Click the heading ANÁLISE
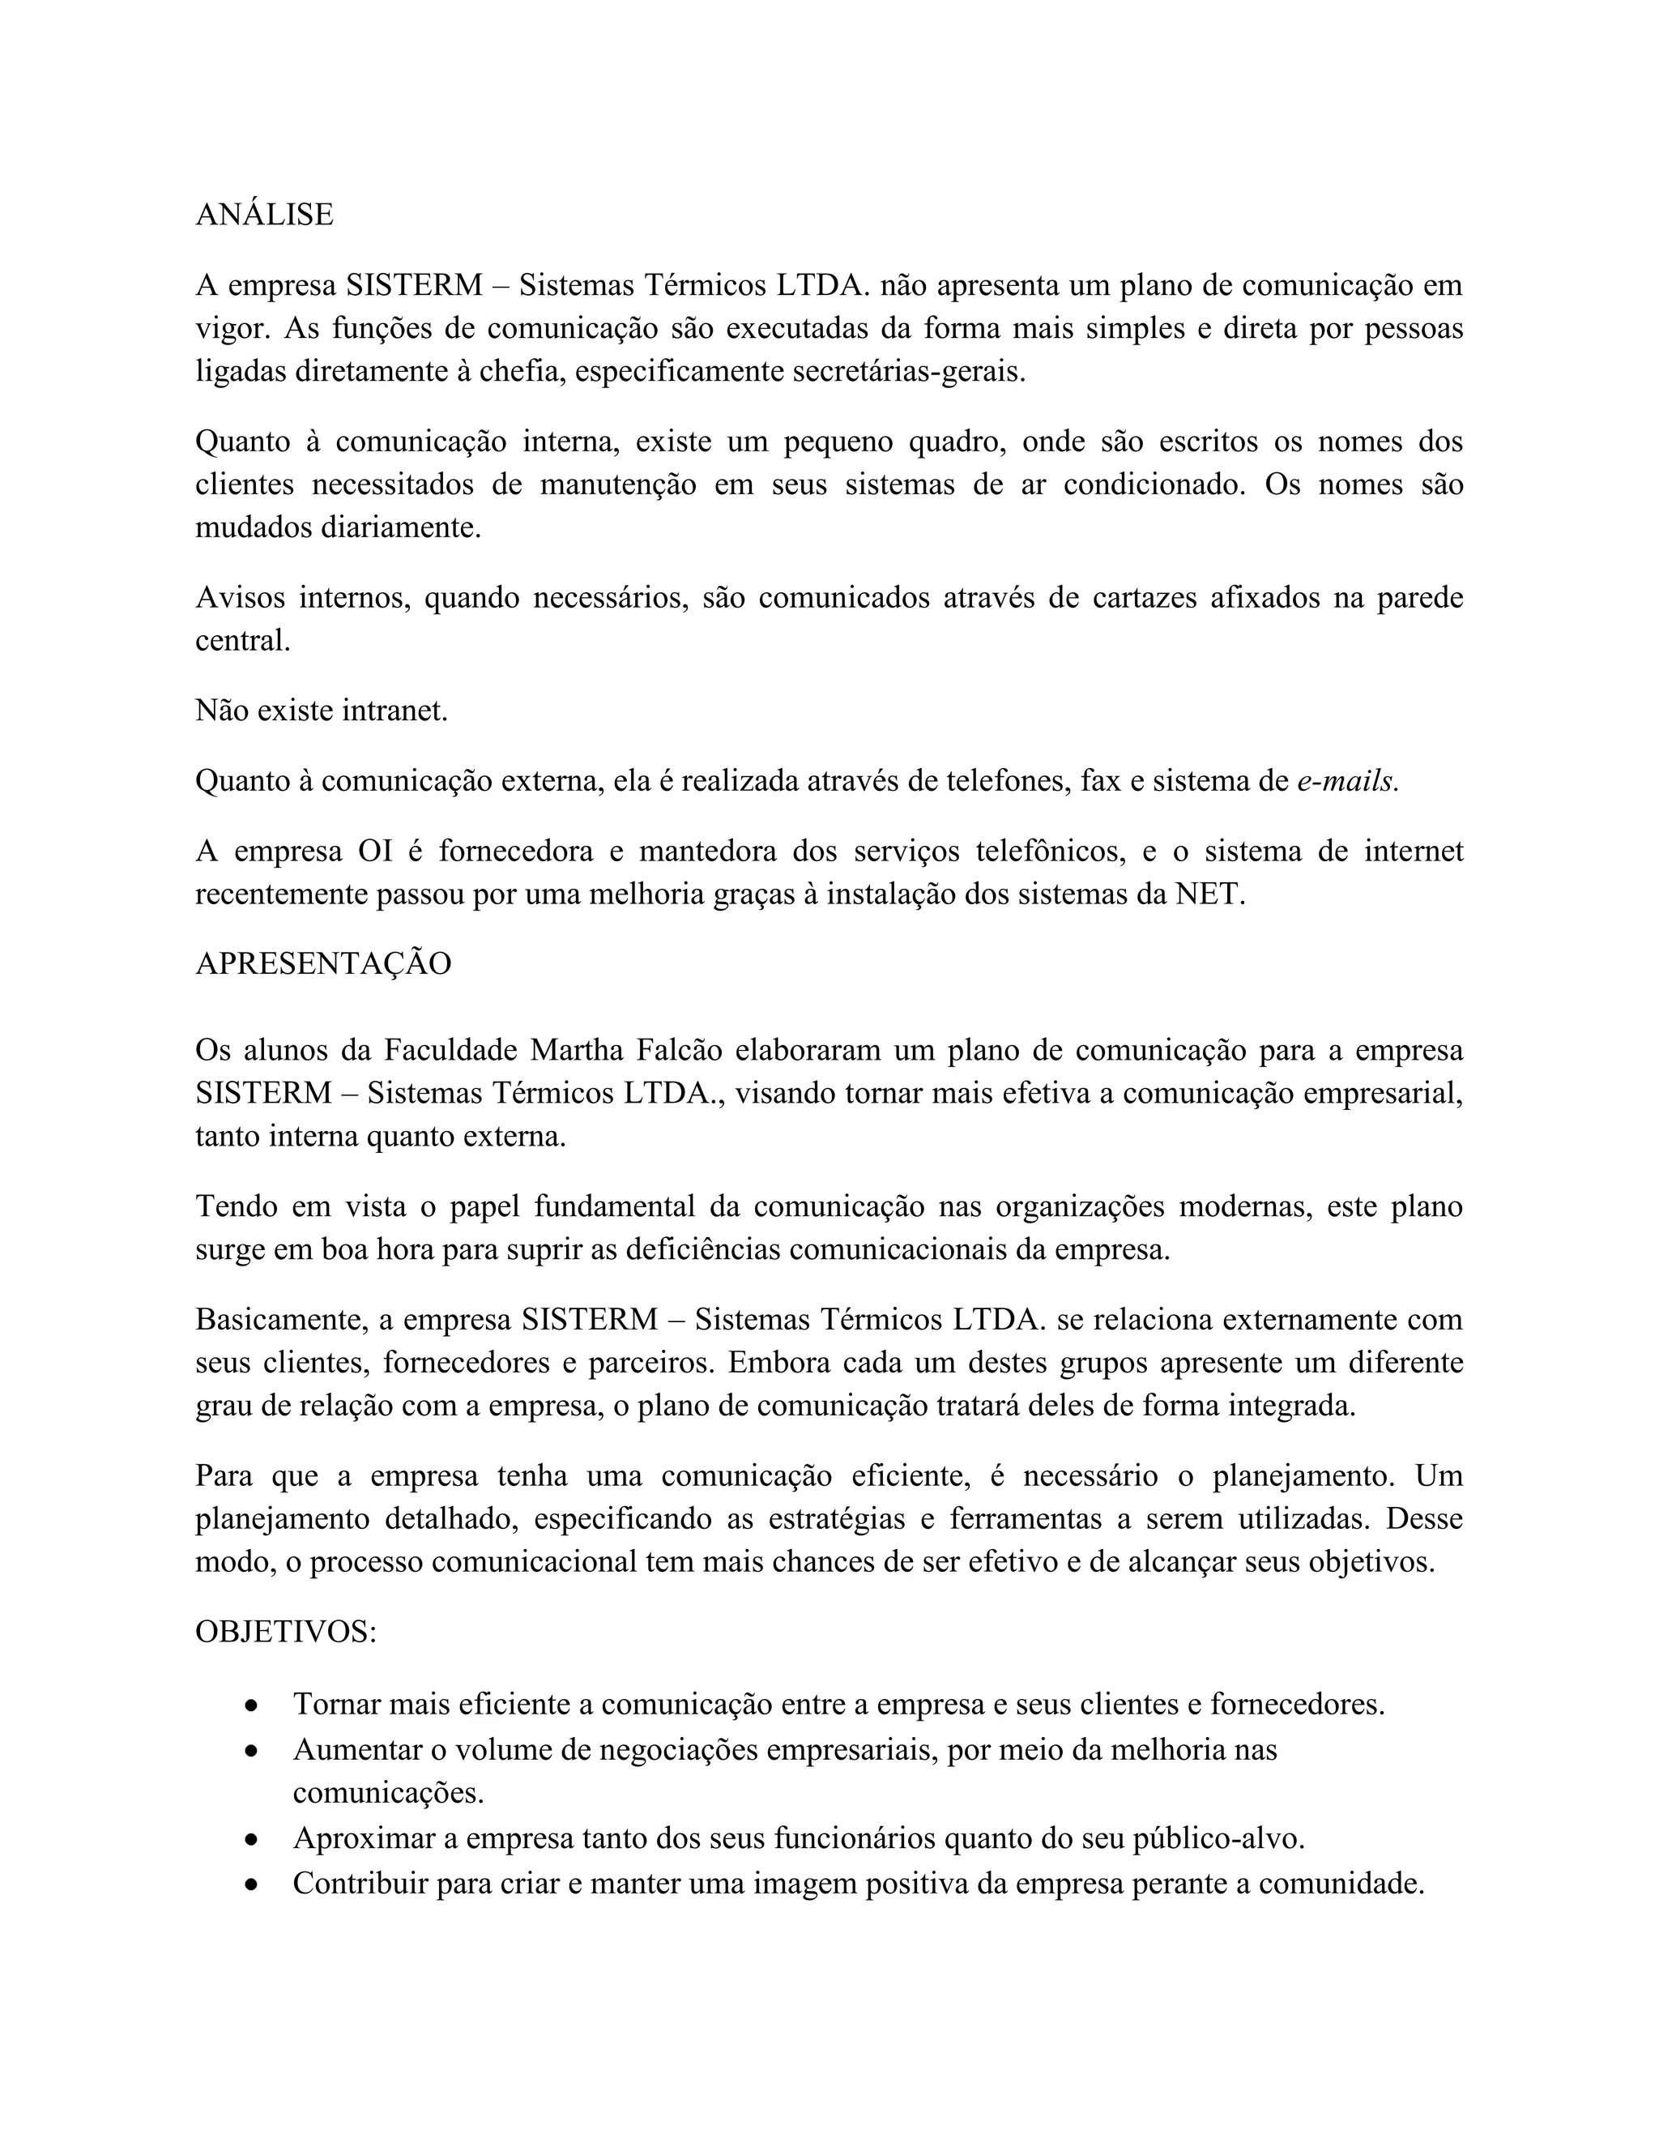264,215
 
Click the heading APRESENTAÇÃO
323,963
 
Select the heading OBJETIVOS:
286,1632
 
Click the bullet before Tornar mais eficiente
253,1705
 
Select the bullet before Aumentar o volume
253,1751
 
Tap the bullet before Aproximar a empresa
253,1839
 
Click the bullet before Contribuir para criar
253,1884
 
